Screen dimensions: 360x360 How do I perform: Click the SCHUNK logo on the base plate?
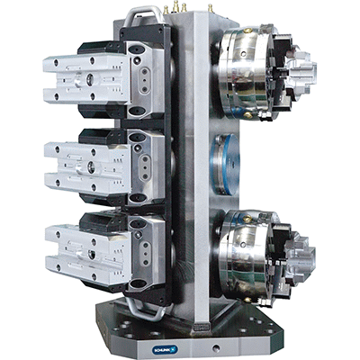click(166, 349)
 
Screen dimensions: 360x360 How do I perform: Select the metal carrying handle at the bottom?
click(143, 309)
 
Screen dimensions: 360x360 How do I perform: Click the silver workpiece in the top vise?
click(87, 79)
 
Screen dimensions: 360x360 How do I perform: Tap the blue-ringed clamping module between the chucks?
click(225, 165)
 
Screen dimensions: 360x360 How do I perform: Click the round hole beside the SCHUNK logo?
click(215, 348)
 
